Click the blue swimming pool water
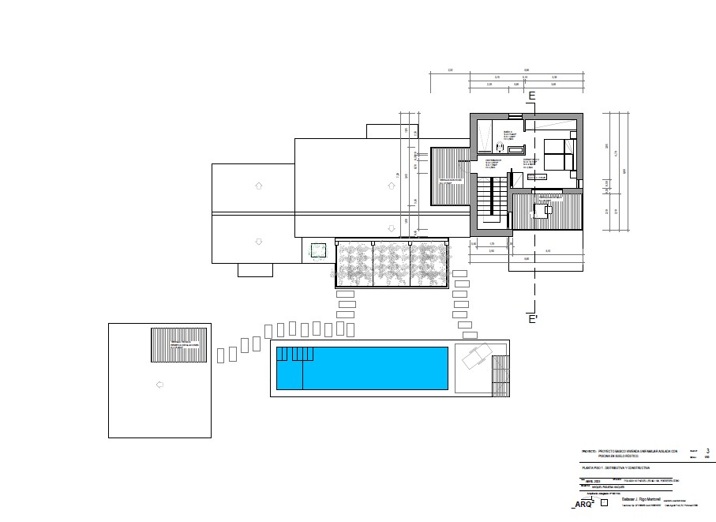click(x=371, y=368)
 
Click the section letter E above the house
click(x=531, y=96)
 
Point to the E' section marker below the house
click(x=533, y=319)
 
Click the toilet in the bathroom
click(x=499, y=147)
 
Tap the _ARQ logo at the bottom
click(x=582, y=504)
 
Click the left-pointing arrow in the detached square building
click(x=159, y=385)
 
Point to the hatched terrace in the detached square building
click(x=179, y=345)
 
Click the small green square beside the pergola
click(x=318, y=250)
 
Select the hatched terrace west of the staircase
click(x=451, y=176)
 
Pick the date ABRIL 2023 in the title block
click(x=591, y=480)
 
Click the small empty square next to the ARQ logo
click(x=604, y=502)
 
